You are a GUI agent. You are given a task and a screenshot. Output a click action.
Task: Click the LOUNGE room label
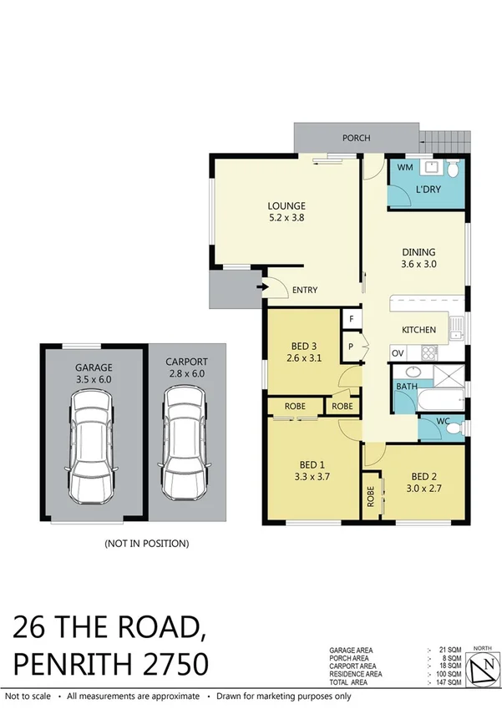[x=286, y=205]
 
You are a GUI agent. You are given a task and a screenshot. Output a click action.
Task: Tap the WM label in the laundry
[x=404, y=168]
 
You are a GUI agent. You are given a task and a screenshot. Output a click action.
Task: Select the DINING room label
[x=418, y=251]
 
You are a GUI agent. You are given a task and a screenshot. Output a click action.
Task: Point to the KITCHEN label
[x=418, y=330]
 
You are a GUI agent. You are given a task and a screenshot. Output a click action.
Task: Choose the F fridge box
[x=352, y=320]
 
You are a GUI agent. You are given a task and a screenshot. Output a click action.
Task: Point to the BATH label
[x=406, y=387]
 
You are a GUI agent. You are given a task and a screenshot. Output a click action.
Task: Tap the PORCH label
[x=357, y=138]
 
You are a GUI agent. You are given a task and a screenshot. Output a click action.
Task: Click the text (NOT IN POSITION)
[x=146, y=544]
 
